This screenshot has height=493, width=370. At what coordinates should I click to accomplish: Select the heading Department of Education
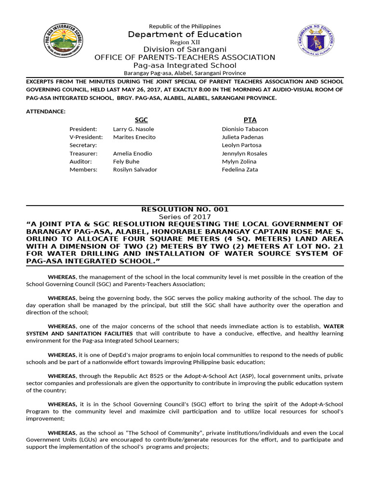point(185,35)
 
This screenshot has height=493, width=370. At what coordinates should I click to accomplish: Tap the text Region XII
point(185,42)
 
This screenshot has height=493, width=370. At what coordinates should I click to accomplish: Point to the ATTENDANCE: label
point(45,111)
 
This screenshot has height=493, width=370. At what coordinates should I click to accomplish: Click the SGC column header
point(141,120)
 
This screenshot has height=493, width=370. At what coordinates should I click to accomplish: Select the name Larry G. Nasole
point(133,129)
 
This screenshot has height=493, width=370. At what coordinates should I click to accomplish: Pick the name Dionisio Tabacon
point(245,129)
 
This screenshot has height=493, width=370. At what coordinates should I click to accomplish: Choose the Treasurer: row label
point(83,154)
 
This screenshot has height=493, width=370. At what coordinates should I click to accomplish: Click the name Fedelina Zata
point(239,169)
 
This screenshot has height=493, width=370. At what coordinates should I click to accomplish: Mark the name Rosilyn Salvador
point(135,169)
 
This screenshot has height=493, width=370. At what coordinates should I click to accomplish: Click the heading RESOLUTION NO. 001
point(185,209)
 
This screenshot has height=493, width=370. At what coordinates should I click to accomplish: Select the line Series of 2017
point(185,217)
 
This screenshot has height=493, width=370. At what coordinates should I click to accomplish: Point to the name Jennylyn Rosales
point(244,154)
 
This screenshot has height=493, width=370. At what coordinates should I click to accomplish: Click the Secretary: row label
point(83,145)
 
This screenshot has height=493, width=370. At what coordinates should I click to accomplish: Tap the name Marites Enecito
point(134,137)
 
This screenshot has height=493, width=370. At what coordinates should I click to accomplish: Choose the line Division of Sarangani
point(185,50)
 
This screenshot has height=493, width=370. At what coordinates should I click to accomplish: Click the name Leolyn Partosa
point(241,145)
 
